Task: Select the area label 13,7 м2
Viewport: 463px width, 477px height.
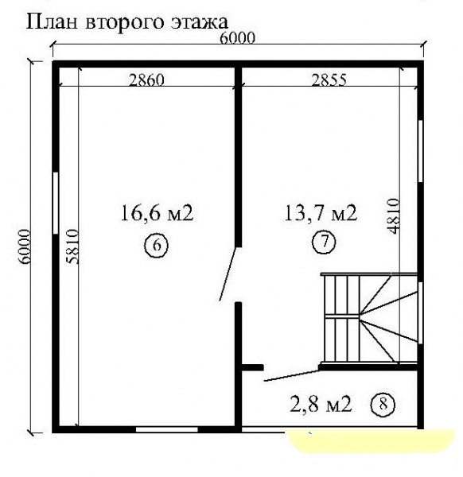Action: coord(320,213)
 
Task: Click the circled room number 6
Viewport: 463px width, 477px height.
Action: coord(157,245)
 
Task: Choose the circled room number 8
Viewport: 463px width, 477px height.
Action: coord(383,404)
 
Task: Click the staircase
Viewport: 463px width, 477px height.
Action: coord(369,318)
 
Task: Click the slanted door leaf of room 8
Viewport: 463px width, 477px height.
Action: coord(290,375)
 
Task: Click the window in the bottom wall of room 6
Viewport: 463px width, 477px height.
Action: coord(166,430)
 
